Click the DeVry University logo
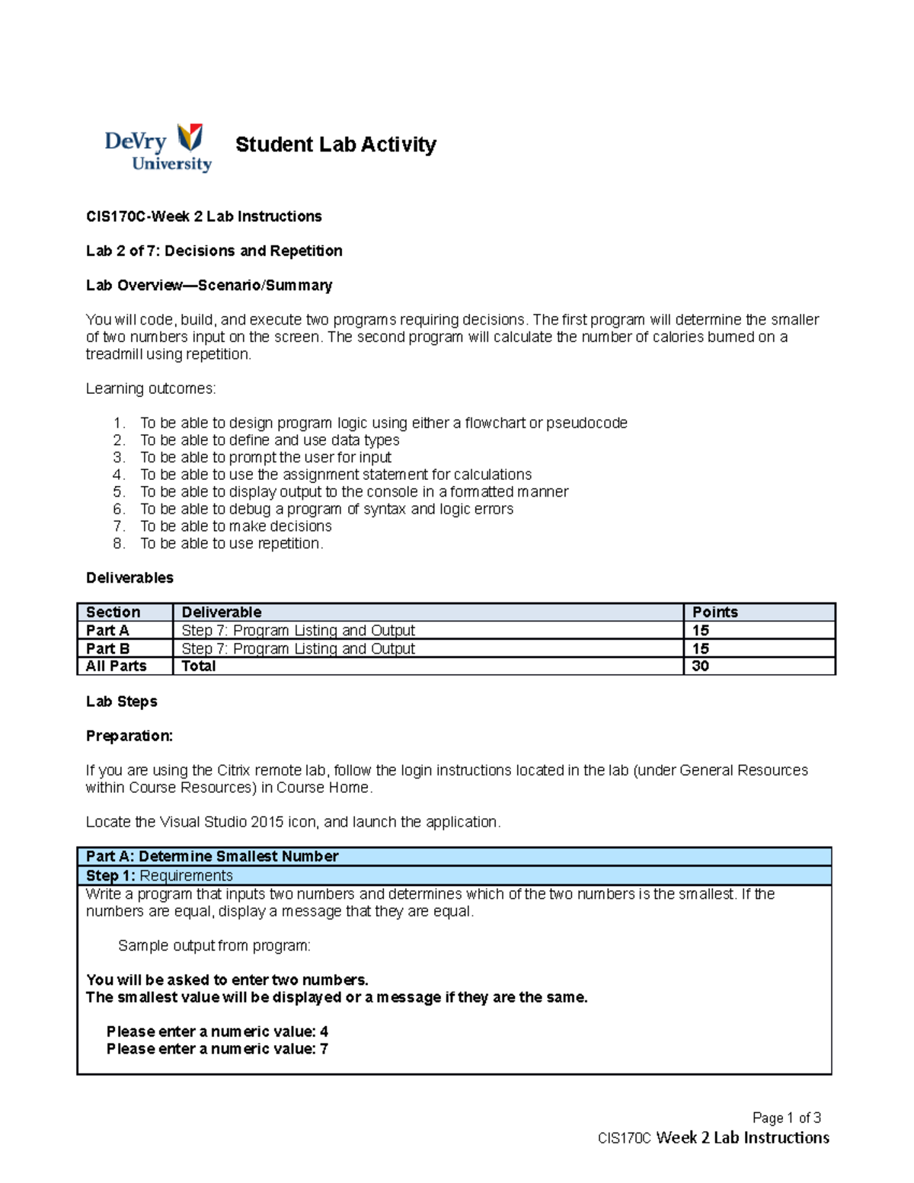[158, 147]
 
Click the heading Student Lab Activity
[335, 144]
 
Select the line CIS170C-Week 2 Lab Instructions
[203, 216]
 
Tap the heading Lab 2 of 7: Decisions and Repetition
[214, 251]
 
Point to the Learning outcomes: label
[151, 388]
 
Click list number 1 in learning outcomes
[118, 423]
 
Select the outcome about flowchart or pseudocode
[383, 423]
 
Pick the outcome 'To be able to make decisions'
[235, 526]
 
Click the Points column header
[714, 612]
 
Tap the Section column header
[113, 612]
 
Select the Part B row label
[107, 648]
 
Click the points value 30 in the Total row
[700, 666]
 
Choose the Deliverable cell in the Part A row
[298, 630]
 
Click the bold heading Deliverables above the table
[129, 577]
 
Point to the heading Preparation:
[129, 736]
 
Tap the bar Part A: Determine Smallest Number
[213, 856]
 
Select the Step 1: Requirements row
[159, 875]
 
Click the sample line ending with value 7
[217, 1049]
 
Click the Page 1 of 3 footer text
[786, 1117]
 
